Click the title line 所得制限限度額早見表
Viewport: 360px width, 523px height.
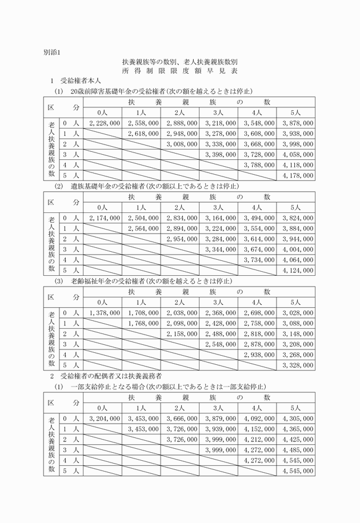179,71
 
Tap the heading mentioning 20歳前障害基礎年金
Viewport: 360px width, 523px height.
154,91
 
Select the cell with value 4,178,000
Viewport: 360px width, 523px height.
295,175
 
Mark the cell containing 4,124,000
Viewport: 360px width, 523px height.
295,269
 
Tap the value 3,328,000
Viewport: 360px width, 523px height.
295,365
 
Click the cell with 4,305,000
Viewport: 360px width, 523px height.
295,419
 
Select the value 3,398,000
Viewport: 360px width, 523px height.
218,154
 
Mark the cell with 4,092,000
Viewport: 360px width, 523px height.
257,419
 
